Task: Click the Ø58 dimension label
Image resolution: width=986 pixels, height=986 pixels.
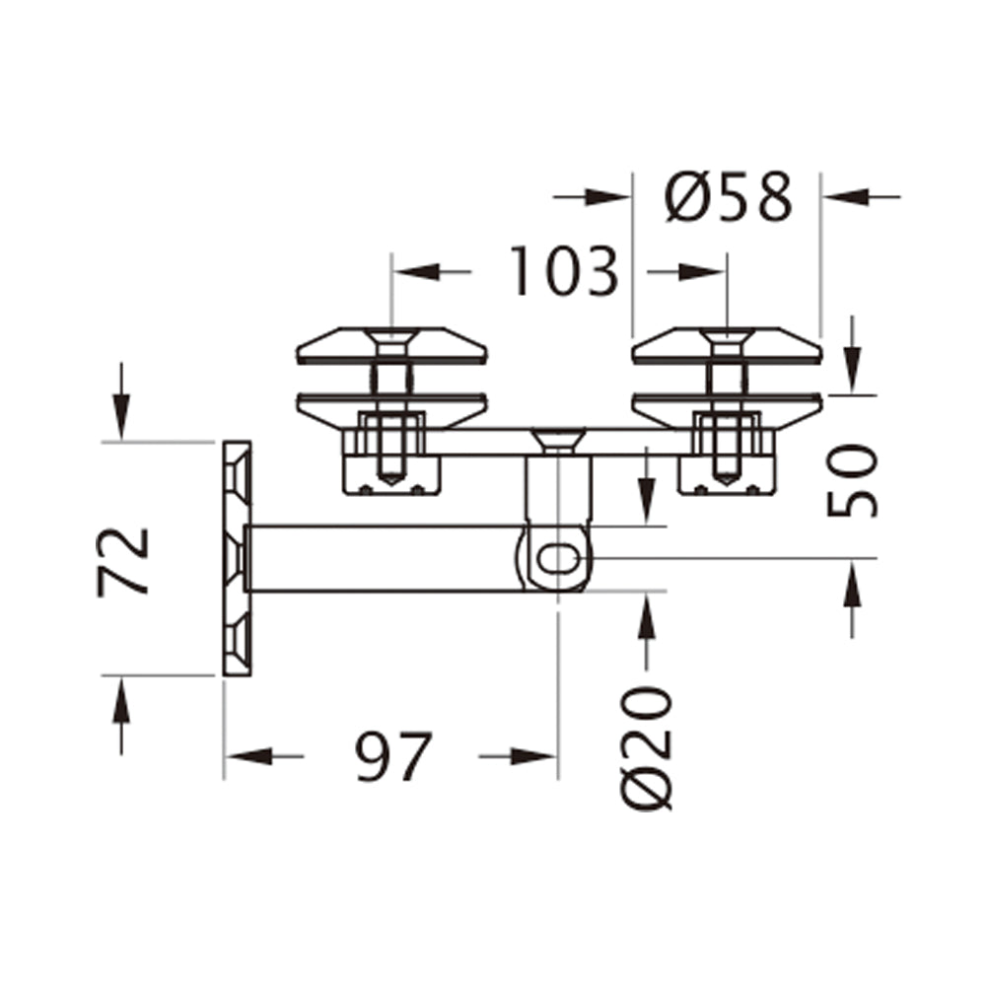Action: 728,197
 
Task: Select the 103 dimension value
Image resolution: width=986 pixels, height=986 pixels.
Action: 564,272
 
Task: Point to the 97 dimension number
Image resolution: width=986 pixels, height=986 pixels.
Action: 393,757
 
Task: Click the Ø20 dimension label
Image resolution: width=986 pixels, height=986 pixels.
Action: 648,749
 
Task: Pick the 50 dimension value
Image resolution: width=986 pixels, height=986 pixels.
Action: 852,480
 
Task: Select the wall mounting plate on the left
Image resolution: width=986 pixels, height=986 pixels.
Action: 237,558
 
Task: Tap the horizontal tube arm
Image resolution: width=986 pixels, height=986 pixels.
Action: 385,558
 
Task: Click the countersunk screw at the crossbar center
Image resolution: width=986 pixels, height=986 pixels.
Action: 558,439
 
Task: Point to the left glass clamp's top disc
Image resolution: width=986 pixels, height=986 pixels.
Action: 391,345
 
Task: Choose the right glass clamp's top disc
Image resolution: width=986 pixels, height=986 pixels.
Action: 727,345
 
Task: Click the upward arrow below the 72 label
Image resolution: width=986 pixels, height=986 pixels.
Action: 120,705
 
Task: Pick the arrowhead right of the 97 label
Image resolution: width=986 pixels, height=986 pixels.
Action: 532,756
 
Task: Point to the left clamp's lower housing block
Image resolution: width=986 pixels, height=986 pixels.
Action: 391,474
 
